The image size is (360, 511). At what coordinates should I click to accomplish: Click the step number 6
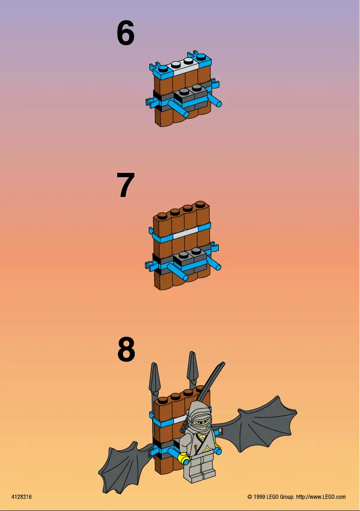point(125,33)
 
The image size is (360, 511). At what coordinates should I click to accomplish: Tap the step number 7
point(125,185)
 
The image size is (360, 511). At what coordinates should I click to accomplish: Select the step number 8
point(126,350)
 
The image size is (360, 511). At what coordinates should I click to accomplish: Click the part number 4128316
point(21,497)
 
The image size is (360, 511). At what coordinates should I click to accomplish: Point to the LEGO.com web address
point(321,497)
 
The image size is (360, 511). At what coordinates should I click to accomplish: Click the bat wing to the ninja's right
point(257,423)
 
